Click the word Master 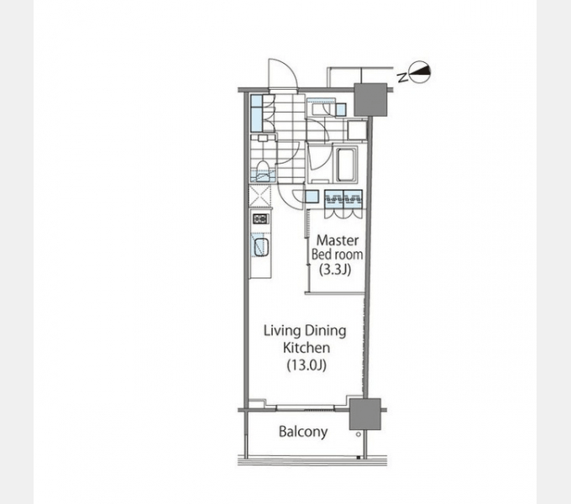pyautogui.click(x=338, y=240)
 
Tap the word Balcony pyautogui.click(x=303, y=432)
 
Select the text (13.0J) pyautogui.click(x=306, y=365)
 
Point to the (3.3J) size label pyautogui.click(x=335, y=270)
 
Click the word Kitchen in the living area pyautogui.click(x=306, y=348)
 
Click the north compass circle pyautogui.click(x=420, y=71)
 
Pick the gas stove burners pyautogui.click(x=260, y=219)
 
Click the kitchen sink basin pyautogui.click(x=261, y=246)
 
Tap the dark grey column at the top pyautogui.click(x=370, y=99)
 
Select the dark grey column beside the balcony pyautogui.click(x=365, y=414)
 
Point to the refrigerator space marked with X pyautogui.click(x=260, y=196)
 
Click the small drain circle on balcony pyautogui.click(x=359, y=434)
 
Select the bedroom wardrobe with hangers pyautogui.click(x=343, y=204)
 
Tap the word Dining pyautogui.click(x=325, y=331)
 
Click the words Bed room pyautogui.click(x=338, y=255)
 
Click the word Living pyautogui.click(x=282, y=331)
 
